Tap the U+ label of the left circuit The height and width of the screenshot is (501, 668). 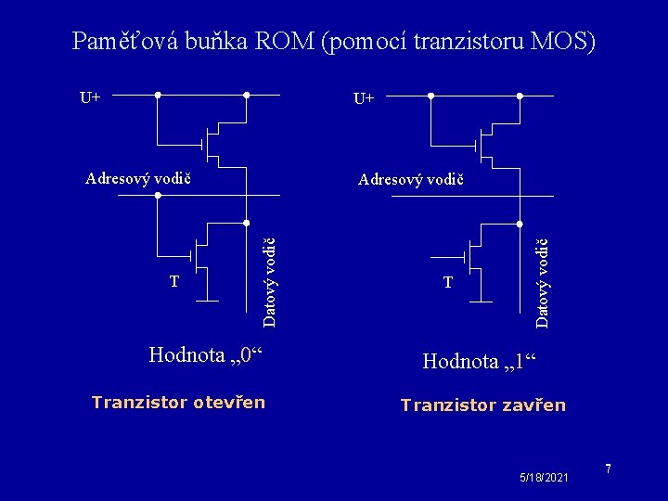(x=91, y=96)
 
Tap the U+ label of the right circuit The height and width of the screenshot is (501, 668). (x=365, y=97)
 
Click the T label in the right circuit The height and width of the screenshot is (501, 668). (x=448, y=281)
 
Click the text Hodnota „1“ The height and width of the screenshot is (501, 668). (x=480, y=361)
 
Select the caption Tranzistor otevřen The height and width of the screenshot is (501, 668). (x=178, y=402)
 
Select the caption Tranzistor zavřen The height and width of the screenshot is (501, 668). (x=482, y=405)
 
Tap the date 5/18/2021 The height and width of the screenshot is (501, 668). (x=546, y=476)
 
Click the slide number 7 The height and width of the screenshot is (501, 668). (x=609, y=469)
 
